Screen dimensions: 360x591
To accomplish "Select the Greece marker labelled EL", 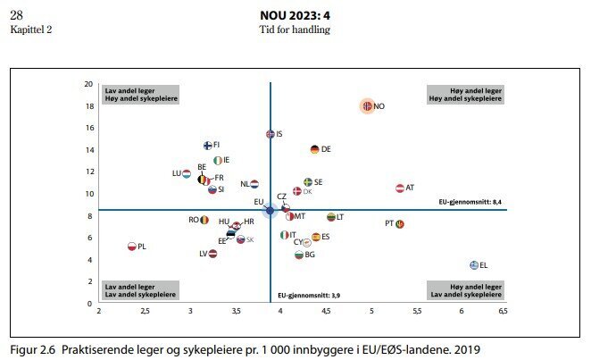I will click(x=474, y=265).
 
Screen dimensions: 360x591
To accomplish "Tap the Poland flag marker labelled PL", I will click(x=131, y=247).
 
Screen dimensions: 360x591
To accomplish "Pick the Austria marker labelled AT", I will click(x=400, y=188).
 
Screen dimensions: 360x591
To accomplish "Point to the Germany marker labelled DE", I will click(x=314, y=149).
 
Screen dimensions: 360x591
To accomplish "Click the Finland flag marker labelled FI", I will click(x=207, y=145).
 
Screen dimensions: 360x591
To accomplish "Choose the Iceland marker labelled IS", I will click(x=271, y=134).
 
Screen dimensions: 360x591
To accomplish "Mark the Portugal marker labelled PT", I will click(x=399, y=224).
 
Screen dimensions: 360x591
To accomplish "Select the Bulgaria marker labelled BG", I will click(x=299, y=255).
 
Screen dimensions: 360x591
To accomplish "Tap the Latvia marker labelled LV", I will click(x=212, y=254).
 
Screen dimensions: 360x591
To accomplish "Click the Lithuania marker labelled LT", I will click(x=330, y=217).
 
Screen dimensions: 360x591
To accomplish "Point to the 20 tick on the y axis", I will click(x=88, y=84).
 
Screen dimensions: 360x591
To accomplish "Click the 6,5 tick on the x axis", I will click(x=503, y=312).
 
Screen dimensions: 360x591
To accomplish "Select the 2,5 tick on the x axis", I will click(x=144, y=312).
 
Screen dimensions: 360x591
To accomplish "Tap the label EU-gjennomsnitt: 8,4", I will click(x=476, y=203).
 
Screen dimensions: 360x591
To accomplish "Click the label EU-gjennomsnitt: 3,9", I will click(x=308, y=295).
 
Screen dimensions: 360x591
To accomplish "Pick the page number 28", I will click(x=17, y=16).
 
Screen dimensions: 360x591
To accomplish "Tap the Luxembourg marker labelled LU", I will click(x=187, y=173).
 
